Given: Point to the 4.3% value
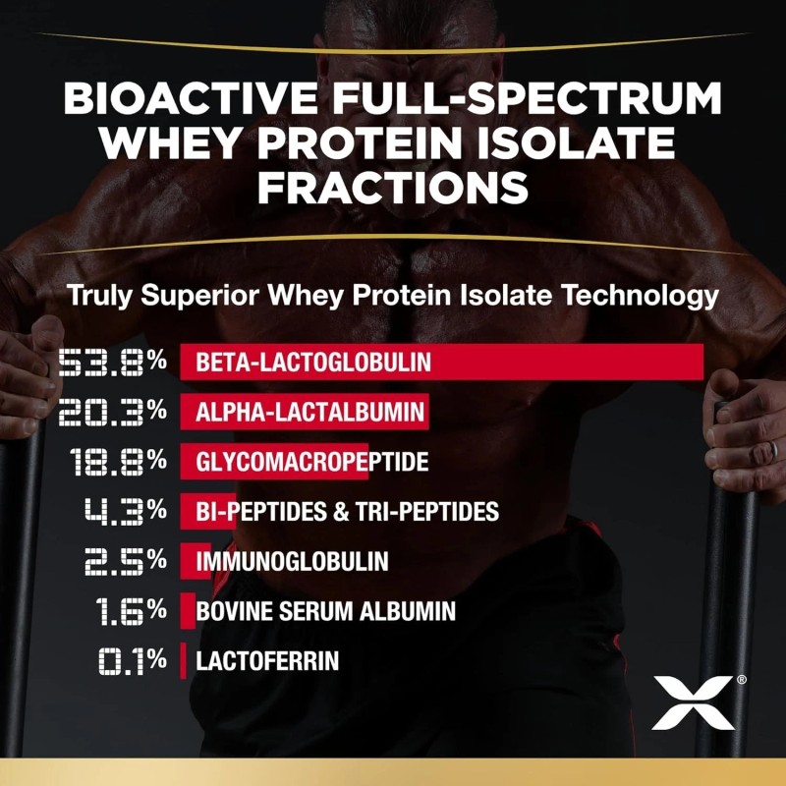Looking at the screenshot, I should tap(126, 512).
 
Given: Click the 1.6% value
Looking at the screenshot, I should tap(132, 611).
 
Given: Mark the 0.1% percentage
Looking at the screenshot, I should tap(132, 661).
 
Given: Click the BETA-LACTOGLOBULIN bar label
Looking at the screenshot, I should tap(313, 362).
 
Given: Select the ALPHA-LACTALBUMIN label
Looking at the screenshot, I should tap(310, 412).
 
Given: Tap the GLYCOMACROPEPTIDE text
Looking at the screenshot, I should tap(312, 462).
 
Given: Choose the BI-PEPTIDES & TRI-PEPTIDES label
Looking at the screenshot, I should tap(347, 512).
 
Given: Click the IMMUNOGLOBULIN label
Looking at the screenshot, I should tap(292, 562).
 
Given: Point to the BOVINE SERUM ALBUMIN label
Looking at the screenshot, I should tap(325, 611).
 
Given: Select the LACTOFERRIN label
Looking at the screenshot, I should tap(267, 661).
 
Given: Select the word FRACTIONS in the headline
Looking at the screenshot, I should tap(393, 186).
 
